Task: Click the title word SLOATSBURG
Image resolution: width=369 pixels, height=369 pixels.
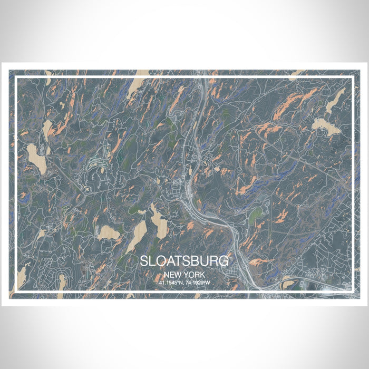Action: (184, 261)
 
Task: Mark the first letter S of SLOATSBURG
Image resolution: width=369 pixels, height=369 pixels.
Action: (144, 261)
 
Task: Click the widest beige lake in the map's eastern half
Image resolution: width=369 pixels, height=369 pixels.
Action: (326, 127)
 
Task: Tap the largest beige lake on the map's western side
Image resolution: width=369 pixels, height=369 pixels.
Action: (36, 158)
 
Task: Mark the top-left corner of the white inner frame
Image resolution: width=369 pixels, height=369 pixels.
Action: (16, 77)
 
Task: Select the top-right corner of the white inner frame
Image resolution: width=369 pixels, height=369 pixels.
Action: (352, 77)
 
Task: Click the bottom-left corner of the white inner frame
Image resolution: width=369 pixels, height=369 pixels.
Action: (16, 292)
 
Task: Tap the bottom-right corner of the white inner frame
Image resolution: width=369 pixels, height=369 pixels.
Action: (352, 292)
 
